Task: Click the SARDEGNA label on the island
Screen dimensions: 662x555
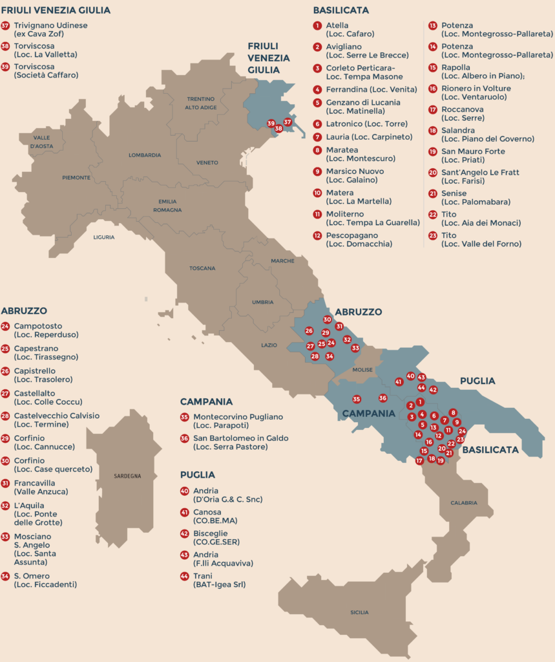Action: tap(127, 476)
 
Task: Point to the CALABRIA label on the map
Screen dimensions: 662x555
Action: tap(464, 502)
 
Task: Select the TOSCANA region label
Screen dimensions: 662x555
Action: tap(202, 268)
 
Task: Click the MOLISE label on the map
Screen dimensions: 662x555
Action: tap(362, 370)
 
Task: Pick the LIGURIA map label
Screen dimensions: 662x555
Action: tap(103, 237)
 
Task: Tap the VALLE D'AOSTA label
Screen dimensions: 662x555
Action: tap(42, 141)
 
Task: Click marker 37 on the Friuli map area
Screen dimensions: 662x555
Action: tap(288, 122)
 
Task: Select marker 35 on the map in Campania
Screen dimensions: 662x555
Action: tap(356, 399)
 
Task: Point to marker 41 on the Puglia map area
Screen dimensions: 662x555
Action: tap(399, 381)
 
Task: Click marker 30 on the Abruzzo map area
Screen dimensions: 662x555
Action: tap(328, 319)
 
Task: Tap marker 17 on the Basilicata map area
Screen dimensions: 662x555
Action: tap(420, 461)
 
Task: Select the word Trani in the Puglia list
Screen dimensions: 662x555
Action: tap(203, 575)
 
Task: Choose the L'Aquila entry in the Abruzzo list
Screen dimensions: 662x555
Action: tap(29, 505)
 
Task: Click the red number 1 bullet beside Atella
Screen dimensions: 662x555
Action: tap(317, 26)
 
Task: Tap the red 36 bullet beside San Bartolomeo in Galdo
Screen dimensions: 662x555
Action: tap(185, 438)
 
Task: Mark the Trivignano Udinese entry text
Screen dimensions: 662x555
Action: tap(50, 25)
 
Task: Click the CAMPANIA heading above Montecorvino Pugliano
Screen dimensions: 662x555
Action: tap(206, 401)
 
